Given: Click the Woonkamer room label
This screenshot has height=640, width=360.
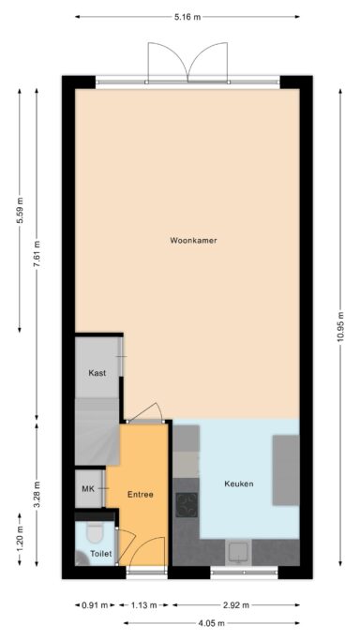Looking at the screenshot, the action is tap(193, 241).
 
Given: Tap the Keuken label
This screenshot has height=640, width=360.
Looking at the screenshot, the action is tap(239, 484).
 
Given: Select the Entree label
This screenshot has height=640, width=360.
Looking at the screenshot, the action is tap(141, 495).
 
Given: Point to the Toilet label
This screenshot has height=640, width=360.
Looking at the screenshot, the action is tap(100, 554).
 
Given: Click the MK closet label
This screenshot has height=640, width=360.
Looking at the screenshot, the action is tap(88, 489).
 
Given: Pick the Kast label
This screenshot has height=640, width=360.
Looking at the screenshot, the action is tap(97, 373).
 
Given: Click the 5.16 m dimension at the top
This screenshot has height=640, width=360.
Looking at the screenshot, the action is tap(187, 17).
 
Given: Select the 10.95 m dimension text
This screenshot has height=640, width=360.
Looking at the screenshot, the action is tap(340, 328).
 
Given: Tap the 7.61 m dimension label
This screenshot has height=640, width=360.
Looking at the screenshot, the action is tap(37, 255).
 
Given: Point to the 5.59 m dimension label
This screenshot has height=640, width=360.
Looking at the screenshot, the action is tap(20, 210).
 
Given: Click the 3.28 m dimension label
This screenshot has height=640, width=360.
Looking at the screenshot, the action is tap(37, 495).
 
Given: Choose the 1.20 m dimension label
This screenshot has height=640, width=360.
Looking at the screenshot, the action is tap(20, 539).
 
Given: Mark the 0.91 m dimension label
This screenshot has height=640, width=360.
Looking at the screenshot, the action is tap(95, 605).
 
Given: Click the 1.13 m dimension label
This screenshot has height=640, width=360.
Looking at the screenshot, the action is tap(143, 605).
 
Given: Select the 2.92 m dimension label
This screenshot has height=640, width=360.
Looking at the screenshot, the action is tap(235, 605).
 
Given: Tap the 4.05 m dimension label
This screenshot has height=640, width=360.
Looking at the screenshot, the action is tap(212, 623).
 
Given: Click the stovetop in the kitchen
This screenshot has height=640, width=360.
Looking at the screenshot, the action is tap(187, 505).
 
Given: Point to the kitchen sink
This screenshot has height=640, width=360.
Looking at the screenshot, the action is tap(239, 552).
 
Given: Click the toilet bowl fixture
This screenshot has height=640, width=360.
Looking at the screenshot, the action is tap(95, 533).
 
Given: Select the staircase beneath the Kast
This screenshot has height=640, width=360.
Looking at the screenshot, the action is tap(97, 431).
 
